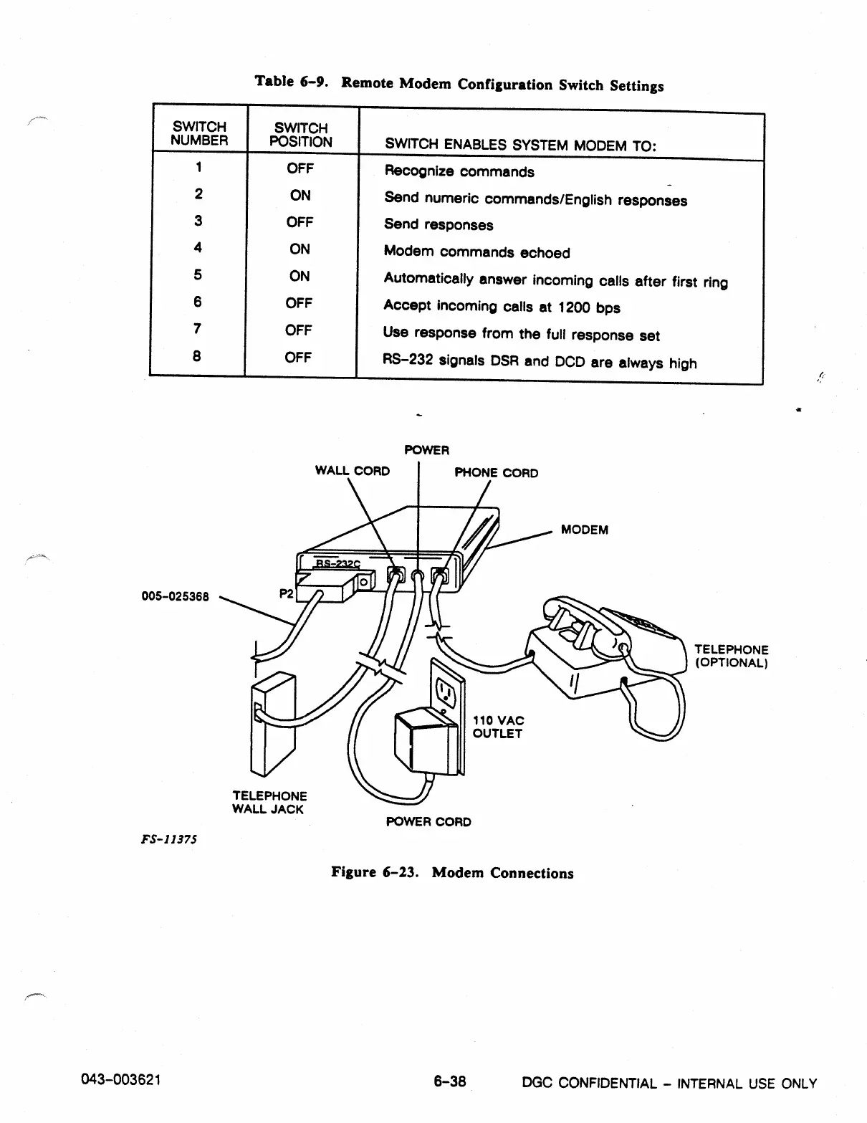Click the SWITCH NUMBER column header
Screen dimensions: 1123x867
click(199, 133)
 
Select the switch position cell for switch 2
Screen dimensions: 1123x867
click(300, 195)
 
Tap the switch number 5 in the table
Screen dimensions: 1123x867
click(198, 274)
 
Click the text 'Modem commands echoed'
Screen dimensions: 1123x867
click(476, 252)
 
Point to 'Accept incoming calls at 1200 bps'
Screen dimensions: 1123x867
click(502, 307)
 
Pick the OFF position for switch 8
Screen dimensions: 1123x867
click(298, 357)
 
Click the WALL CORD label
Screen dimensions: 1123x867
click(353, 471)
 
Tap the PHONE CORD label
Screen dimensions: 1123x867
click(497, 472)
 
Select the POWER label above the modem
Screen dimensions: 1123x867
click(426, 450)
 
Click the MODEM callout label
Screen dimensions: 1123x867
click(584, 530)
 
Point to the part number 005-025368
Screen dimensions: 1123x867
click(175, 596)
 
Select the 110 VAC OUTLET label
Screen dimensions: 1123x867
click(498, 727)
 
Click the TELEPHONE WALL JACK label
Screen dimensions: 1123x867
click(269, 803)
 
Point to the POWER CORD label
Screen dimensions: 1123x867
click(428, 821)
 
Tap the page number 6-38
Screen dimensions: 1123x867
click(450, 1081)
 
